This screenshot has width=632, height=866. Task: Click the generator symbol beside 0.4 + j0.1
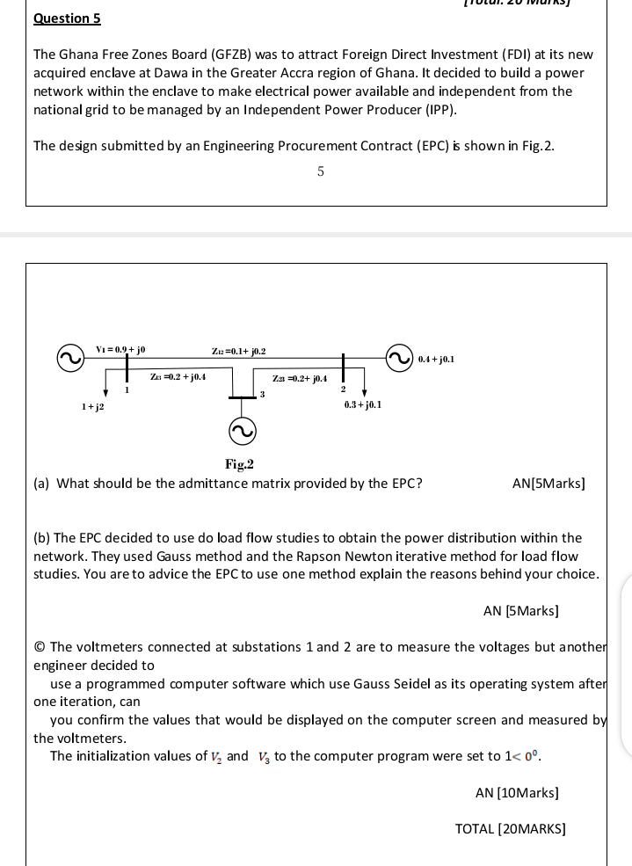399,358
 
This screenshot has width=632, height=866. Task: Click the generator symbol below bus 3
242,430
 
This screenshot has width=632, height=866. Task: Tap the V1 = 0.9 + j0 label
120,350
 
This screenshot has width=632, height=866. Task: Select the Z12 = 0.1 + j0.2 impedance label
238,351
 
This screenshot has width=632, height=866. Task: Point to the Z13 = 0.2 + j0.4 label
178,376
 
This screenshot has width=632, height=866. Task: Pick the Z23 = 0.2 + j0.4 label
300,378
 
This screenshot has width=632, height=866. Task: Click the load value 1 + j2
92,407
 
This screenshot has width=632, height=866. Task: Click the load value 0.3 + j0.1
363,404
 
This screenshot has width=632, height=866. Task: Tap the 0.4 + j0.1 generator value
436,359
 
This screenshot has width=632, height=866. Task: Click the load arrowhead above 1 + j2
106,392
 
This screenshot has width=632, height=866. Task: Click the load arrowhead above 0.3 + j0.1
364,392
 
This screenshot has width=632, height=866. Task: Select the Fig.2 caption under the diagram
239,464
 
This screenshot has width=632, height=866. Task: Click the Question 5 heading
67,18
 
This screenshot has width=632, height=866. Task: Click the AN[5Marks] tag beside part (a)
548,484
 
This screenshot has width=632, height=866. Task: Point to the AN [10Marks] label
517,793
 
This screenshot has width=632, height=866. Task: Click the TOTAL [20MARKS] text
510,828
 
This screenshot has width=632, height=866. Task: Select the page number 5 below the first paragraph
320,171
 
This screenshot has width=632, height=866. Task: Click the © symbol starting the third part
40,647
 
